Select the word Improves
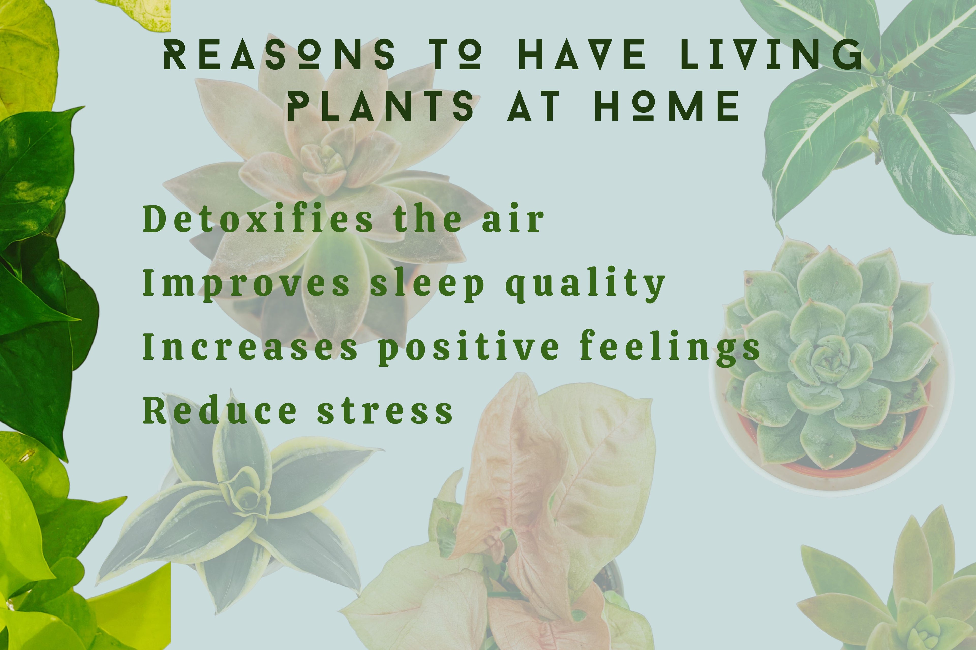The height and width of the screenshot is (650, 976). click(x=246, y=284)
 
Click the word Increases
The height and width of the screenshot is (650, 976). click(x=250, y=346)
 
